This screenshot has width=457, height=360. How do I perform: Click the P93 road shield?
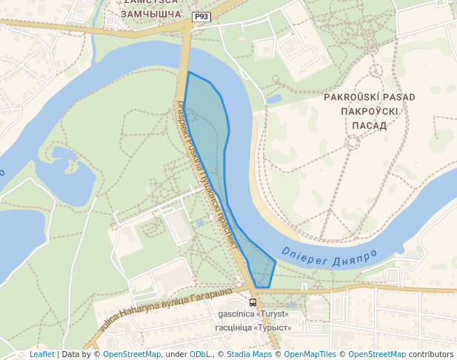point(201,16)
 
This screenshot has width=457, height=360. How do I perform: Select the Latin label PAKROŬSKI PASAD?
point(370,97)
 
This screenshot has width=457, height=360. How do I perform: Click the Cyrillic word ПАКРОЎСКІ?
point(370,111)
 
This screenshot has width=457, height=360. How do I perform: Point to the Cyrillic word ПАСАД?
point(370,125)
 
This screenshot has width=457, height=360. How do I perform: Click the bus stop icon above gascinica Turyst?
point(253,302)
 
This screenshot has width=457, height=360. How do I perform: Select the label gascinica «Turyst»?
point(254,314)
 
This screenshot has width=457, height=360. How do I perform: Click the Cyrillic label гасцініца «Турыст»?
point(253,327)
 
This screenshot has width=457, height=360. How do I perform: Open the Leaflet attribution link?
point(41,354)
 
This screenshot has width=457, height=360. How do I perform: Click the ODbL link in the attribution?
point(200,354)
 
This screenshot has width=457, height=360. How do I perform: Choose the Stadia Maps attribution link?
point(248,354)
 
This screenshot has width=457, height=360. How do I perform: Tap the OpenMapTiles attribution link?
point(310,354)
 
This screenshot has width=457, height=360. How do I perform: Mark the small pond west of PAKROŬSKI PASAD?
point(274,99)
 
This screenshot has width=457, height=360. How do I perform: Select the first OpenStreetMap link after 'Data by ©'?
point(132,354)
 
